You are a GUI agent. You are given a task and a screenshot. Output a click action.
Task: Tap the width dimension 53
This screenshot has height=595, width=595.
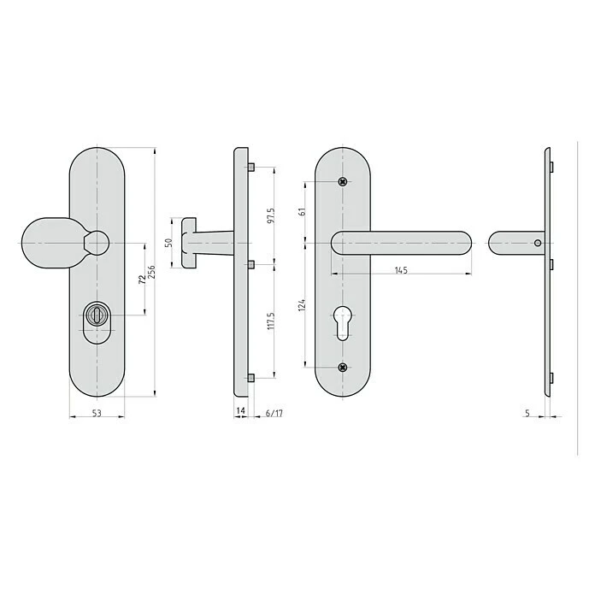point(96,414)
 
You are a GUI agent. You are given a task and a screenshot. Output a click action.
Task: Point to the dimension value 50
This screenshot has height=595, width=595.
point(168,243)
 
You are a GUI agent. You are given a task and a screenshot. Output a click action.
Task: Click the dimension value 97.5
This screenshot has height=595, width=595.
point(272,215)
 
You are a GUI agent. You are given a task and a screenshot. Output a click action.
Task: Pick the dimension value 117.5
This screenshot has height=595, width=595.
point(272,321)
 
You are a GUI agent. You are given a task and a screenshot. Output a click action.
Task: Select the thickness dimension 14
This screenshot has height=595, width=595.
point(241,412)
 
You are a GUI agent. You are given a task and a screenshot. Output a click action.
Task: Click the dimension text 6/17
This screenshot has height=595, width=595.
point(274,412)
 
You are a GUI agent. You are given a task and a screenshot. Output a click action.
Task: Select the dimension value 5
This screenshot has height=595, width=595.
point(527,412)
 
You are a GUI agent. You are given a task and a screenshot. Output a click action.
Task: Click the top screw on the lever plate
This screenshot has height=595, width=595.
point(343,180)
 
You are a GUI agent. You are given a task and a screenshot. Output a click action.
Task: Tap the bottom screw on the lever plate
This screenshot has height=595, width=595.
point(343,368)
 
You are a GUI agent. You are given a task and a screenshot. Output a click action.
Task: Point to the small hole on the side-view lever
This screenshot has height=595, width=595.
point(537,244)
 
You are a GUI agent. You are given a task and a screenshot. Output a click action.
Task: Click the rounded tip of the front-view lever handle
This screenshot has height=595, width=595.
point(462,244)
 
